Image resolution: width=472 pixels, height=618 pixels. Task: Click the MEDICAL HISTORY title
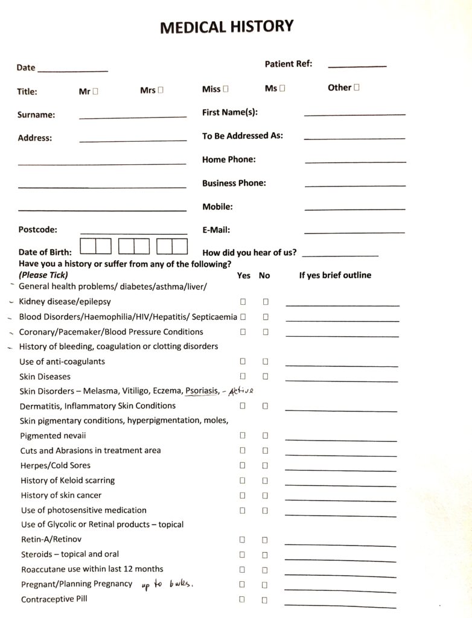click(226, 27)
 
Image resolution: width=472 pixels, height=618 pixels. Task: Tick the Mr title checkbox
click(96, 91)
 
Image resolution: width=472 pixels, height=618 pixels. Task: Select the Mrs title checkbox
click(161, 91)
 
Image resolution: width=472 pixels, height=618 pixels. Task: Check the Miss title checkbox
click(226, 89)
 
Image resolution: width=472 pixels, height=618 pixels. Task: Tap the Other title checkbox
click(357, 88)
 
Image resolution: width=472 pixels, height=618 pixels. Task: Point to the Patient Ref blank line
click(357, 65)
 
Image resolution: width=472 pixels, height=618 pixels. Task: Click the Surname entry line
click(132, 116)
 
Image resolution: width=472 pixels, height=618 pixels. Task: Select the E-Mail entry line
click(354, 232)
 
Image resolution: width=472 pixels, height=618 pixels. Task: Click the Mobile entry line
click(354, 209)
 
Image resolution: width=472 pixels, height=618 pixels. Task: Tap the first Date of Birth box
click(89, 247)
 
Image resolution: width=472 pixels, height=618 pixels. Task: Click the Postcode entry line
click(133, 232)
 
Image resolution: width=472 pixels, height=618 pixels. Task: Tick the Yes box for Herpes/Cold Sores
click(243, 465)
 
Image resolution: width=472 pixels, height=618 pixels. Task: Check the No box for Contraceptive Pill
click(264, 600)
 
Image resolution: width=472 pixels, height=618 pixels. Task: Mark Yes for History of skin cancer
click(243, 495)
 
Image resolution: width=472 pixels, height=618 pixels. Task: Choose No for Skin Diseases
click(265, 377)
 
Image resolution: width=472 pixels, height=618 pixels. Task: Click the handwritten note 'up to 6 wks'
click(170, 584)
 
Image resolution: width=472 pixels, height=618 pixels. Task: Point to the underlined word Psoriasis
click(202, 391)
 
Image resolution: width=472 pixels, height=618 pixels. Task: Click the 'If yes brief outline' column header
click(335, 275)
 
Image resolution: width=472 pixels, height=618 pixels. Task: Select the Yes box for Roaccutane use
click(243, 570)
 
